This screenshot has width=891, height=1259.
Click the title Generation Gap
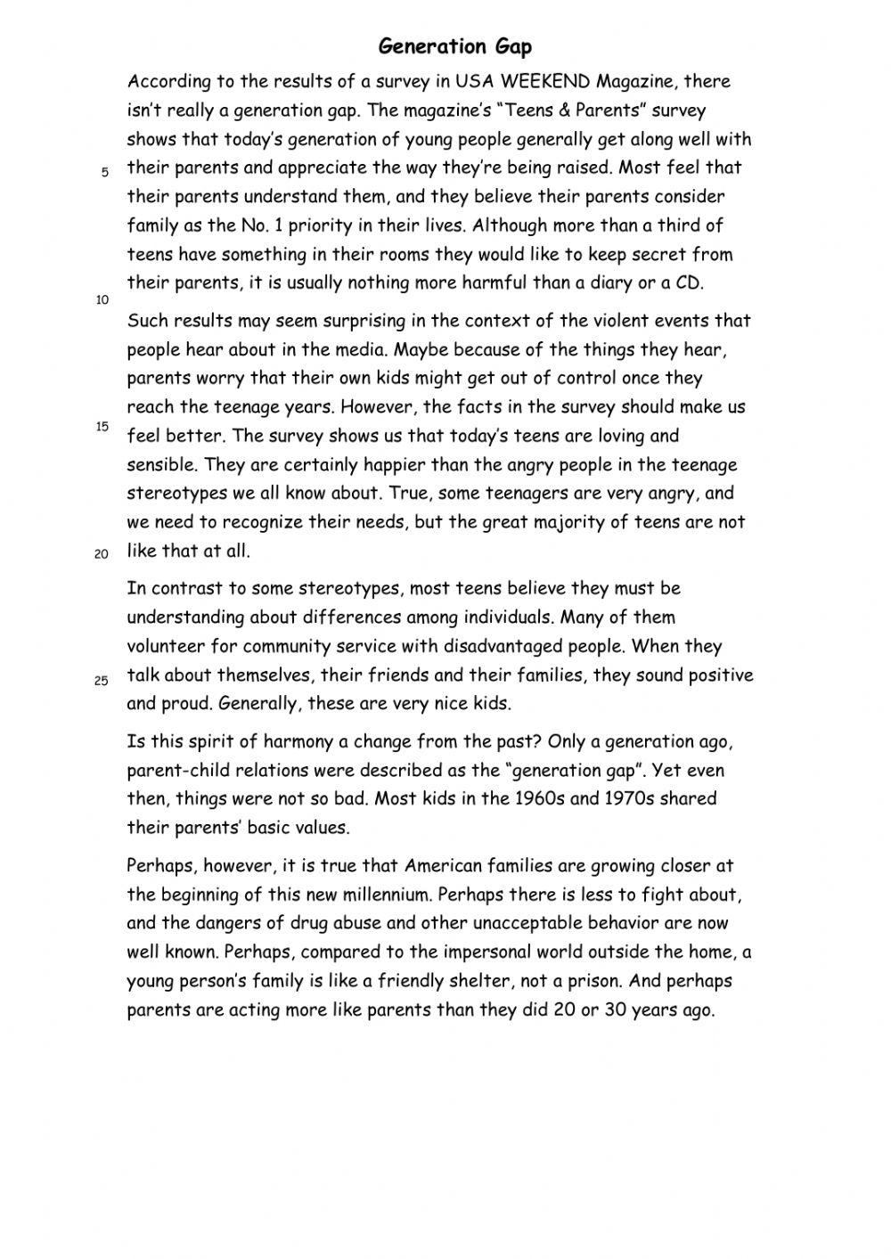pos(455,46)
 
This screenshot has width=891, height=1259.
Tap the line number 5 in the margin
pos(104,173)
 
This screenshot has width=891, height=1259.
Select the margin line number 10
pos(102,300)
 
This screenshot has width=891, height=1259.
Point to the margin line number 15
pos(102,427)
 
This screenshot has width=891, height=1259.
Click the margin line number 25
pos(102,682)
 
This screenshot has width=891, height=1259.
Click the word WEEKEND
pos(545,82)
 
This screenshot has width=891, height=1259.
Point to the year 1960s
pos(538,798)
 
